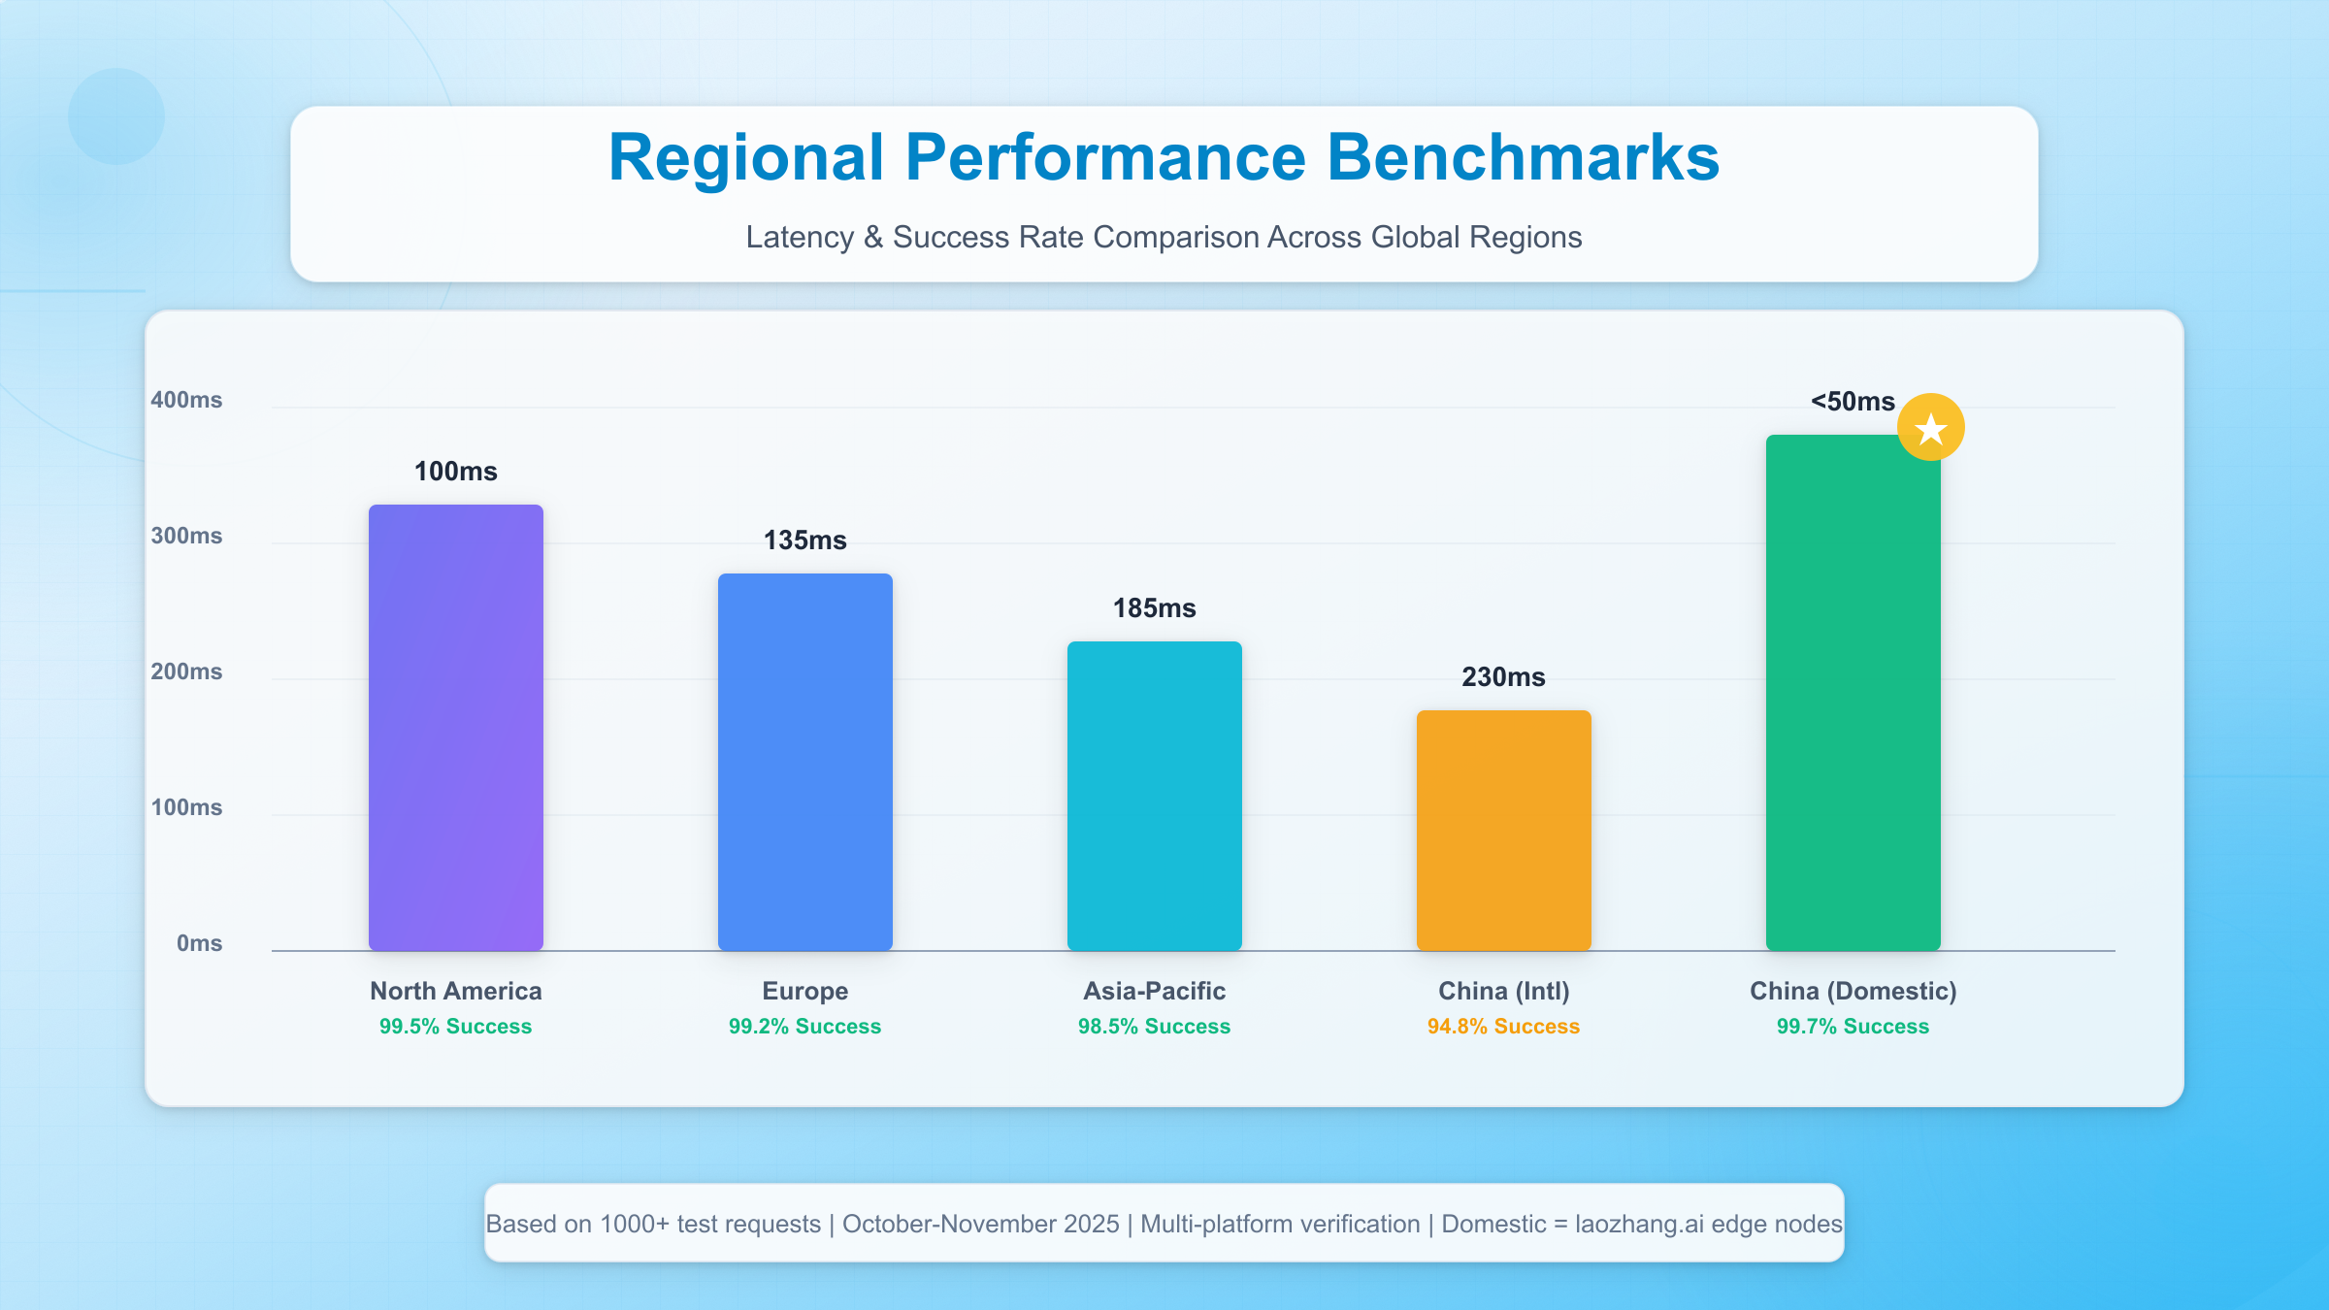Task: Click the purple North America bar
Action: [456, 728]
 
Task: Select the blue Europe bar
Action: [805, 762]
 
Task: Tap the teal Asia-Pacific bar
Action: [1155, 796]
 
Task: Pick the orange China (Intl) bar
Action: [1504, 830]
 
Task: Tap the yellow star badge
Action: [1931, 428]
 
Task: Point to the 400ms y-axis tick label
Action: [186, 400]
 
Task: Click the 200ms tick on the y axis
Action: [186, 671]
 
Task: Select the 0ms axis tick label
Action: [199, 943]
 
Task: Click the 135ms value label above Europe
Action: [805, 540]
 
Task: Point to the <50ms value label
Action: [1853, 402]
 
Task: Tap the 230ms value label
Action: [1504, 677]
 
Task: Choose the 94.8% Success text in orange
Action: [1503, 1027]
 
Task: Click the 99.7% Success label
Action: [1853, 1027]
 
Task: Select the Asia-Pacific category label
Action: [1155, 991]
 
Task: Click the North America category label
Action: [456, 991]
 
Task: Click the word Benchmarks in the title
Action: [1523, 158]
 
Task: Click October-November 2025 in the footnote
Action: [980, 1224]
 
